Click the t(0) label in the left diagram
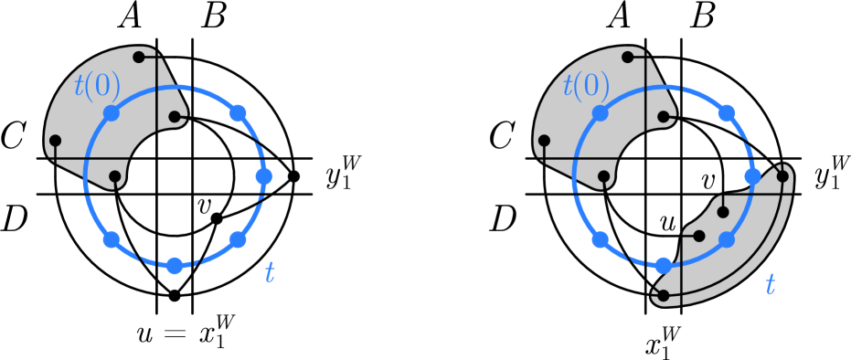coord(97,86)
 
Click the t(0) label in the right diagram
coord(586,86)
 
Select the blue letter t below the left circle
coord(270,273)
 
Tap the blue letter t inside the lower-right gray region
coord(770,285)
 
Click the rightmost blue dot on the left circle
coord(264,176)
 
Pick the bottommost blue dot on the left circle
coord(175,266)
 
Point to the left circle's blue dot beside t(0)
coord(112,113)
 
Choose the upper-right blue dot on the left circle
coord(238,113)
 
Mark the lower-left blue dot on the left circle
coord(112,239)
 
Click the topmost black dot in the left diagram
coord(139,58)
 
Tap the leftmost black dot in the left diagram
coord(55,141)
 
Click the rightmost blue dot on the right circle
coord(752,176)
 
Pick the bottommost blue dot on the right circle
coord(664,266)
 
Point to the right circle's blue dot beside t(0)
coord(601,113)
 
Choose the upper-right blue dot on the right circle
coord(727,113)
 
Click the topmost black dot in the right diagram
coord(628,58)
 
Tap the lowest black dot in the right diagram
coord(664,296)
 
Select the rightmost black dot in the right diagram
coord(782,176)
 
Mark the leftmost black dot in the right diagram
coord(544,141)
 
